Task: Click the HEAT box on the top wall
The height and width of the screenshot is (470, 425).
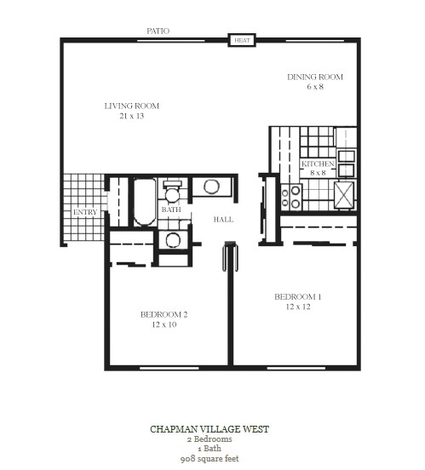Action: pyautogui.click(x=242, y=40)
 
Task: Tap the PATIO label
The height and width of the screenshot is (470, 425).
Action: pyautogui.click(x=158, y=31)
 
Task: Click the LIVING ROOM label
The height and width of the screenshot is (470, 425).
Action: pyautogui.click(x=132, y=106)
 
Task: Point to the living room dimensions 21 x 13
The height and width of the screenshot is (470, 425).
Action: pyautogui.click(x=132, y=116)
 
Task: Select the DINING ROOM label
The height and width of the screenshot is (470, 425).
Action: pyautogui.click(x=315, y=77)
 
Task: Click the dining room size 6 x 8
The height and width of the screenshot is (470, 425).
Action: pyautogui.click(x=315, y=87)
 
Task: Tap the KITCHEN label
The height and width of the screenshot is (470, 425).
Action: pyautogui.click(x=318, y=163)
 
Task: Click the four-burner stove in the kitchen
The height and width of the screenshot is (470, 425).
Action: pyautogui.click(x=291, y=197)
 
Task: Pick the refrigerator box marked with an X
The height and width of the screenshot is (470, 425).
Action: pyautogui.click(x=344, y=195)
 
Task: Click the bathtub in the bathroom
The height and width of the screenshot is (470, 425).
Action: pyautogui.click(x=145, y=202)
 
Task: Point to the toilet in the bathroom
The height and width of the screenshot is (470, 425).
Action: pyautogui.click(x=172, y=192)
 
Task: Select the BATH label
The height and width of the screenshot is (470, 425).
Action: pyautogui.click(x=171, y=209)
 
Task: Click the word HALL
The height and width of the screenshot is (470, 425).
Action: pyautogui.click(x=223, y=220)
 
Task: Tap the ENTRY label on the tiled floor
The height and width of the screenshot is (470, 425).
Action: pyautogui.click(x=85, y=212)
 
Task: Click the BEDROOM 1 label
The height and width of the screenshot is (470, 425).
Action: pyautogui.click(x=298, y=297)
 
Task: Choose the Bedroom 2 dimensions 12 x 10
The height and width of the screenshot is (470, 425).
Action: pyautogui.click(x=164, y=324)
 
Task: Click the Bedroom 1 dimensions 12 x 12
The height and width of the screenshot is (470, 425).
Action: pyautogui.click(x=298, y=307)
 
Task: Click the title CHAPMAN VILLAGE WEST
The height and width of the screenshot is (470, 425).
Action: pyautogui.click(x=210, y=429)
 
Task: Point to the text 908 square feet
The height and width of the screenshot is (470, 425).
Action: pyautogui.click(x=210, y=459)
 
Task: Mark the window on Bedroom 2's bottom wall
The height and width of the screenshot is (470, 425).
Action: pyautogui.click(x=169, y=368)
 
